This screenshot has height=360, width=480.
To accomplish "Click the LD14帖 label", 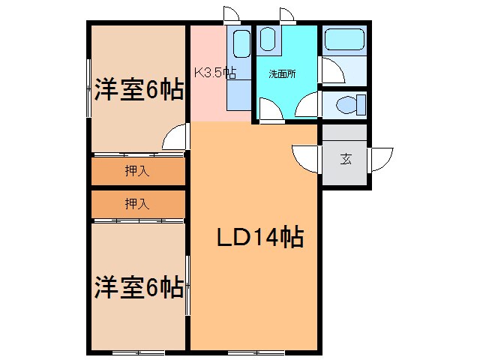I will (x=259, y=238).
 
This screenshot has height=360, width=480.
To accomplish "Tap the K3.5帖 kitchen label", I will (x=215, y=73).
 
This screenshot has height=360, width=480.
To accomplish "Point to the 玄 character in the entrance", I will (x=346, y=158).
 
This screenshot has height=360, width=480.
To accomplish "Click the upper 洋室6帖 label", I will (x=139, y=91).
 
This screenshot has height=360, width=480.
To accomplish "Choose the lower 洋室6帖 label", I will (x=139, y=286).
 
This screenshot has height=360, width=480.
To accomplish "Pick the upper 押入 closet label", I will (x=137, y=171).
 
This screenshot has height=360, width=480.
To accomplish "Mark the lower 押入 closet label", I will (x=137, y=203).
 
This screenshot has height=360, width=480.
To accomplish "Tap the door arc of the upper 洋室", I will (x=175, y=139).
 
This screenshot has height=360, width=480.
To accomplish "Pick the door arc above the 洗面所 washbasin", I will (x=286, y=15).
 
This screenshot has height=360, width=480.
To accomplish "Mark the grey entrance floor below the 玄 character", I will (x=346, y=177).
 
